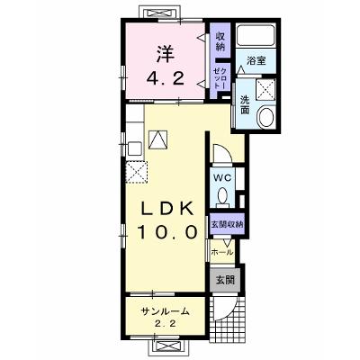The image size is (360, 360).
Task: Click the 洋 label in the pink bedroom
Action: (166, 54)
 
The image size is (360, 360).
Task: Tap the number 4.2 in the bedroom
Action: (166, 79)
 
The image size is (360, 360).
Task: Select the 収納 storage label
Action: (220, 41)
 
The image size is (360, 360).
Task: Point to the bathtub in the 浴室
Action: (256, 34)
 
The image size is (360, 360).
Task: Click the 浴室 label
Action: (256, 60)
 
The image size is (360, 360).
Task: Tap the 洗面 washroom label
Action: (245, 104)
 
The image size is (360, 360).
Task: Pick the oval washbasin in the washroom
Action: (266, 117)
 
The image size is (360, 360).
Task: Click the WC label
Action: (222, 177)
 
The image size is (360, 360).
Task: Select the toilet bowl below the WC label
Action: (222, 197)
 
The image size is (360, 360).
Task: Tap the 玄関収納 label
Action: (227, 224)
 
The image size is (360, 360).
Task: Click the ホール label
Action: (222, 252)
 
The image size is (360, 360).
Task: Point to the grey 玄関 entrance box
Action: (225, 280)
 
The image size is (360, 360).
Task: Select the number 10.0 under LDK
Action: (167, 232)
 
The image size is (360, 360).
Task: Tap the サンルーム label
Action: (166, 311)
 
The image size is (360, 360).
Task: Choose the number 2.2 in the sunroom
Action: (166, 324)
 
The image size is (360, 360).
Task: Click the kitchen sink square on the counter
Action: (134, 148)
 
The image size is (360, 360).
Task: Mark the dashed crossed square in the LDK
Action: (137, 172)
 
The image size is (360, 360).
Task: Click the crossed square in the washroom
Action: (265, 89)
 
